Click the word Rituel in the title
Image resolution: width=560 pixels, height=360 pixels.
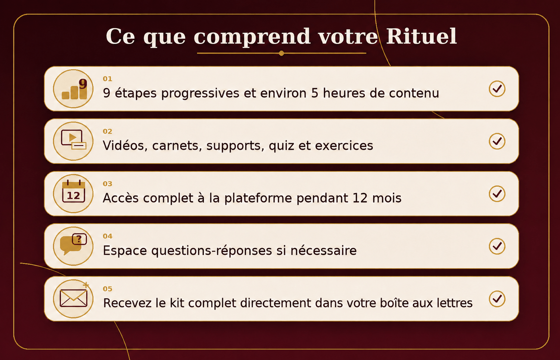pos(421,37)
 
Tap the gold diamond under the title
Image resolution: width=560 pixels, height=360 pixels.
pos(281,53)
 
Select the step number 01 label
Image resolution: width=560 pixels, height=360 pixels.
pos(108,79)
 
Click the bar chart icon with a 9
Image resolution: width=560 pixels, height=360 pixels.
pos(74,89)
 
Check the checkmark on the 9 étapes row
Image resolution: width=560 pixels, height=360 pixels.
pos(497,89)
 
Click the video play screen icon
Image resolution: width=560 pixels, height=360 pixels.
pos(74,140)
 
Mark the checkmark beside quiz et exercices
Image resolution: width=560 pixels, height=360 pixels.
pos(497,141)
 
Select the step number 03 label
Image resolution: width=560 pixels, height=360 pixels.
pos(108,184)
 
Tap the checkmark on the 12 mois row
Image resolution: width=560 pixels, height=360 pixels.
pos(497,194)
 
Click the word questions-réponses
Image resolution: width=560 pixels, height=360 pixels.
pos(212,251)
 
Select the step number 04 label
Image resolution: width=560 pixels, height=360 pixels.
pos(108,237)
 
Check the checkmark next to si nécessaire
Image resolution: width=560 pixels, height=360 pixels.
pos(497,246)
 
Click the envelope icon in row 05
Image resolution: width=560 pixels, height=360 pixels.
pos(74,298)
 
